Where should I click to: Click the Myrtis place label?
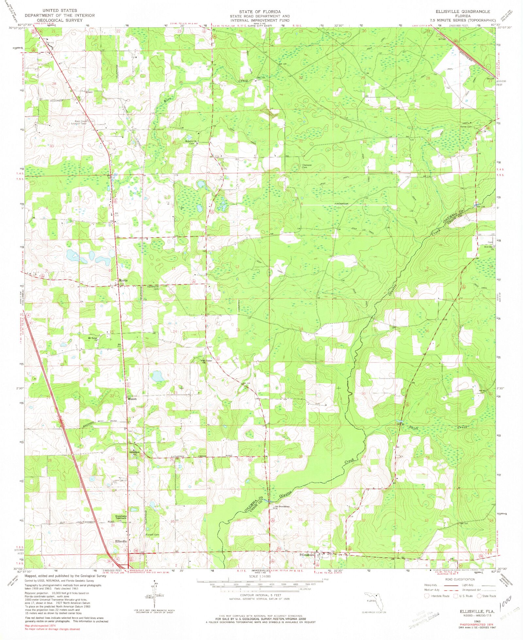[123, 281]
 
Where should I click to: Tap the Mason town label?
[132, 399]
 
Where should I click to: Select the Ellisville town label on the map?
[121, 541]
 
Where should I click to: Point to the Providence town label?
[307, 555]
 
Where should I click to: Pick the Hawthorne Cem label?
[153, 287]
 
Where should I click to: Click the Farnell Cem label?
[152, 535]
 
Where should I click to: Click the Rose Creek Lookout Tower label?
[80, 123]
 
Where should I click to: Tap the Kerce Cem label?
[466, 127]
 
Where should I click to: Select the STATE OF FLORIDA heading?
[260, 11]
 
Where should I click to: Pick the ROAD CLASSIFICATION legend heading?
[460, 579]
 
